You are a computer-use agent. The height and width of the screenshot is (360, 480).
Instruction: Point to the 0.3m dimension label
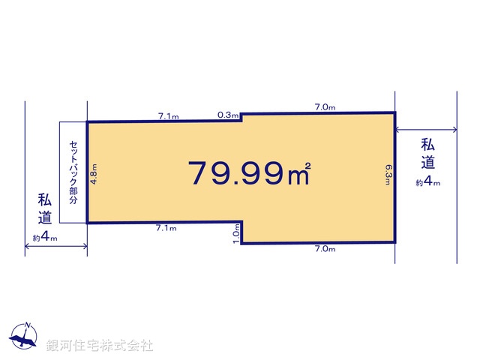[227, 115]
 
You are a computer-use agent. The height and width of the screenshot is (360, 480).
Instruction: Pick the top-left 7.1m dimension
[168, 116]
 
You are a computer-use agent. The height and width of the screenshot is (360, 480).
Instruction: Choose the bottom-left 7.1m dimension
[166, 227]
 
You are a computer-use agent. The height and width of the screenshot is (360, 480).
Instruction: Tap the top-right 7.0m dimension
[325, 107]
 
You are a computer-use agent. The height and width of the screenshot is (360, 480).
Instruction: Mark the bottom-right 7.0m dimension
[325, 248]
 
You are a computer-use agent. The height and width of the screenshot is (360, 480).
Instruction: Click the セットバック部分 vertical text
[73, 172]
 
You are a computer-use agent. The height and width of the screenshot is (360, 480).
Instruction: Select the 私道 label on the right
[428, 154]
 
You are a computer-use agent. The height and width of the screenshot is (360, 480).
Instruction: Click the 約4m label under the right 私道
[428, 181]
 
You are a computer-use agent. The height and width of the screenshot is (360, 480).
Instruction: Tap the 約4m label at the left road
[45, 238]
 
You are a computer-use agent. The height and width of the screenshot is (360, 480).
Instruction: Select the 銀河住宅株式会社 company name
[99, 346]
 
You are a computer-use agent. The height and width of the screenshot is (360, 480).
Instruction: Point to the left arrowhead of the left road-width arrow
[27, 248]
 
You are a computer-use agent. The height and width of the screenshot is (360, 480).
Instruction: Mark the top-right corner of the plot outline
[394, 112]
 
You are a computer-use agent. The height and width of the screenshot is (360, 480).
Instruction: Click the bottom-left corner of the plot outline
[87, 223]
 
